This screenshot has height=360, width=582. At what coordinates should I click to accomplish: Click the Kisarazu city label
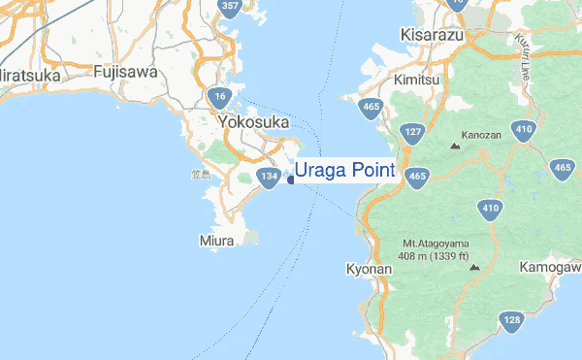[x=433, y=35]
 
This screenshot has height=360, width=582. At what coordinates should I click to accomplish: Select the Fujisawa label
[x=125, y=72]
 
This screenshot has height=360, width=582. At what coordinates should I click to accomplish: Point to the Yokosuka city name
[x=254, y=122]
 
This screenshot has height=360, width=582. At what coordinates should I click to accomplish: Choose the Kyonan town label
[x=368, y=268]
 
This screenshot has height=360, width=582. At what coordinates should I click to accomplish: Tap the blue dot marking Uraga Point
[x=291, y=179]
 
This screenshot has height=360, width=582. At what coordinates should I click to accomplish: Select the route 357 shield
[x=230, y=8]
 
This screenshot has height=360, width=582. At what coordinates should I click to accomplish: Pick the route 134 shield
[x=270, y=176]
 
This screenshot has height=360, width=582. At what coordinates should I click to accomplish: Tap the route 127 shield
[x=412, y=133]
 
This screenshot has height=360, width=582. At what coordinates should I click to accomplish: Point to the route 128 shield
[x=511, y=321]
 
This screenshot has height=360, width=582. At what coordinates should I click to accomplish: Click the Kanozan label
[x=482, y=135]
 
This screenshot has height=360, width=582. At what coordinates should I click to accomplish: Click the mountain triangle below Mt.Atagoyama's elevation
[x=473, y=267]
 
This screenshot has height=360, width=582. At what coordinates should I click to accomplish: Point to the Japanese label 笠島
[x=200, y=175]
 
